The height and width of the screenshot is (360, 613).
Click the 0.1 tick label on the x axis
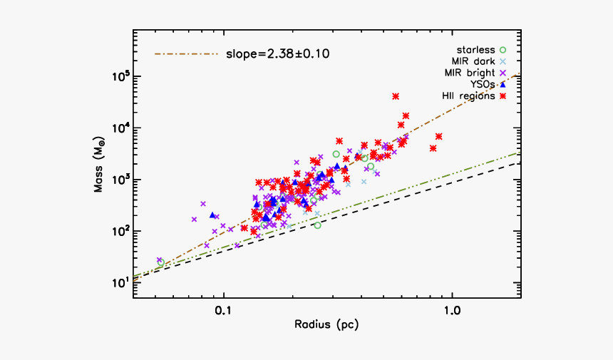click(x=224, y=310)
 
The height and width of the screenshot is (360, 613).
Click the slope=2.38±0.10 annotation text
click(x=277, y=53)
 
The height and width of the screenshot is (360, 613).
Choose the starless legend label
click(x=475, y=50)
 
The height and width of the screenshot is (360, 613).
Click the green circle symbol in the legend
click(x=503, y=50)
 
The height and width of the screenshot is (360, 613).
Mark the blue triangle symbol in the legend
click(x=503, y=84)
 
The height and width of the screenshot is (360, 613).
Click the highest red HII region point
click(x=396, y=96)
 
